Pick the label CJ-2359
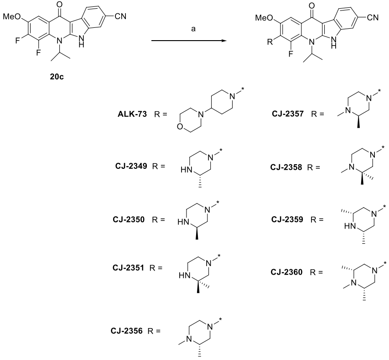[x=289, y=219]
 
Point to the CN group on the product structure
[x=373, y=17]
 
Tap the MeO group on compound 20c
[x=11, y=17]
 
